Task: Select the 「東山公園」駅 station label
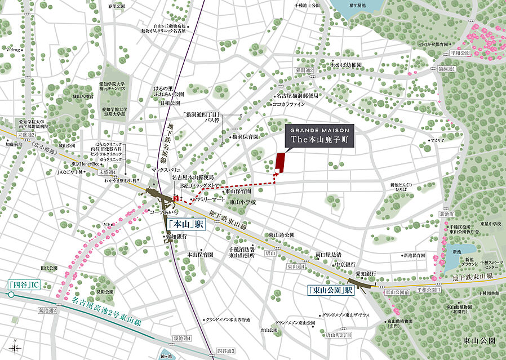pos(330,291)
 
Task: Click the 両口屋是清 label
pos(329,255)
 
